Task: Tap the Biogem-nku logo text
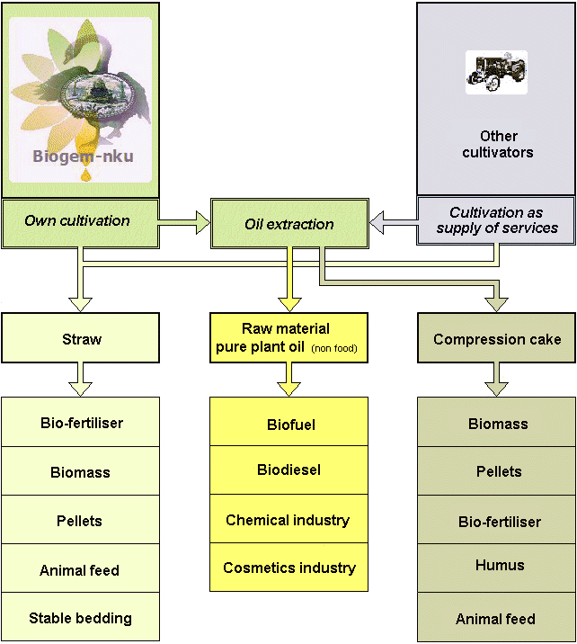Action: click(83, 157)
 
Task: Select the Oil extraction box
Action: click(288, 224)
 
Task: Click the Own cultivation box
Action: click(80, 221)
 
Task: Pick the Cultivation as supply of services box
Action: click(496, 220)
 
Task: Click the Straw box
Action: click(81, 339)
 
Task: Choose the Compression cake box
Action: click(496, 339)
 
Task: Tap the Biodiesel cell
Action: click(288, 470)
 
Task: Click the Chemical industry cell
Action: click(288, 520)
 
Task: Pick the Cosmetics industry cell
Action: click(288, 568)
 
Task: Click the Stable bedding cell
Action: click(80, 618)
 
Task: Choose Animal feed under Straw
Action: click(80, 570)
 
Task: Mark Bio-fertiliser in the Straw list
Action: click(81, 423)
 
